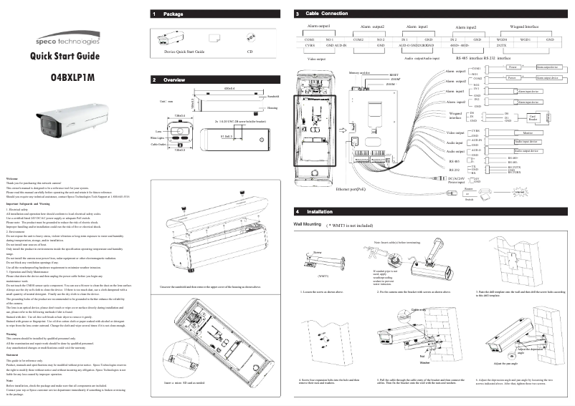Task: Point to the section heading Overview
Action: [x=175, y=81]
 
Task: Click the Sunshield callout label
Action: [x=272, y=95]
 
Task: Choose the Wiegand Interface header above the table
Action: [x=524, y=26]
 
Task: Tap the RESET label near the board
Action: [x=394, y=74]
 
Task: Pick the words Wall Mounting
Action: [x=308, y=224]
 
